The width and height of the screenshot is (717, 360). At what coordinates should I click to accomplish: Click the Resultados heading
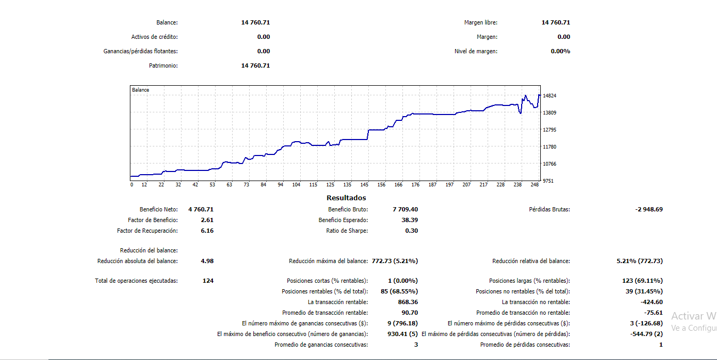click(x=346, y=198)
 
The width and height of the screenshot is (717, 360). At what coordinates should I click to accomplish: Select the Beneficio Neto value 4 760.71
click(x=201, y=209)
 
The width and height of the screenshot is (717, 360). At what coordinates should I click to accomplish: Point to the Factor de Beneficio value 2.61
click(x=208, y=220)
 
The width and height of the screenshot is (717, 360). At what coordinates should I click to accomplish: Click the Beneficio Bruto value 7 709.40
click(x=405, y=209)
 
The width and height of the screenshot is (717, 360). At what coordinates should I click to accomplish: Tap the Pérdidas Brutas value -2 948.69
click(x=649, y=209)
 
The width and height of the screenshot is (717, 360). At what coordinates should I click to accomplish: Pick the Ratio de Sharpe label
click(x=347, y=231)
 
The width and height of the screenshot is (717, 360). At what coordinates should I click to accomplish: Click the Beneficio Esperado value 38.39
click(x=409, y=220)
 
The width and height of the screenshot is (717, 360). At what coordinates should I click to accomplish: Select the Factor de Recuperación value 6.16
click(x=208, y=231)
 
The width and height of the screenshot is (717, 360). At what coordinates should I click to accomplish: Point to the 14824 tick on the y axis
click(x=550, y=96)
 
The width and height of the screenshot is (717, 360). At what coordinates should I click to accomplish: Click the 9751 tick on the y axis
click(x=548, y=181)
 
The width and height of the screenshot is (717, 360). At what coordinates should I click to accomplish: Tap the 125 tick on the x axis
click(x=330, y=185)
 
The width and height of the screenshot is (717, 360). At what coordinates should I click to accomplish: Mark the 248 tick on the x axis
click(x=535, y=185)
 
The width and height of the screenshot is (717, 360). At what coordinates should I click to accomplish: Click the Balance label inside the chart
click(x=141, y=90)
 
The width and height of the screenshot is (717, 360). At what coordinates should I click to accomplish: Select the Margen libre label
click(x=481, y=22)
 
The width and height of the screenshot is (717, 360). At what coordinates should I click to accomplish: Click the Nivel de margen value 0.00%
click(x=560, y=51)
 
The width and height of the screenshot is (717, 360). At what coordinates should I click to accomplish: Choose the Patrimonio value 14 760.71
click(x=256, y=66)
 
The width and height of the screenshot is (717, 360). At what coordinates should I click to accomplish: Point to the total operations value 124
click(x=208, y=281)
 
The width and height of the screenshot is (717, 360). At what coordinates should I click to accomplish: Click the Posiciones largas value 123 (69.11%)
click(x=642, y=281)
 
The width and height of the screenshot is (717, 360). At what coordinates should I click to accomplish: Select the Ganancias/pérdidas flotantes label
click(x=141, y=51)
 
